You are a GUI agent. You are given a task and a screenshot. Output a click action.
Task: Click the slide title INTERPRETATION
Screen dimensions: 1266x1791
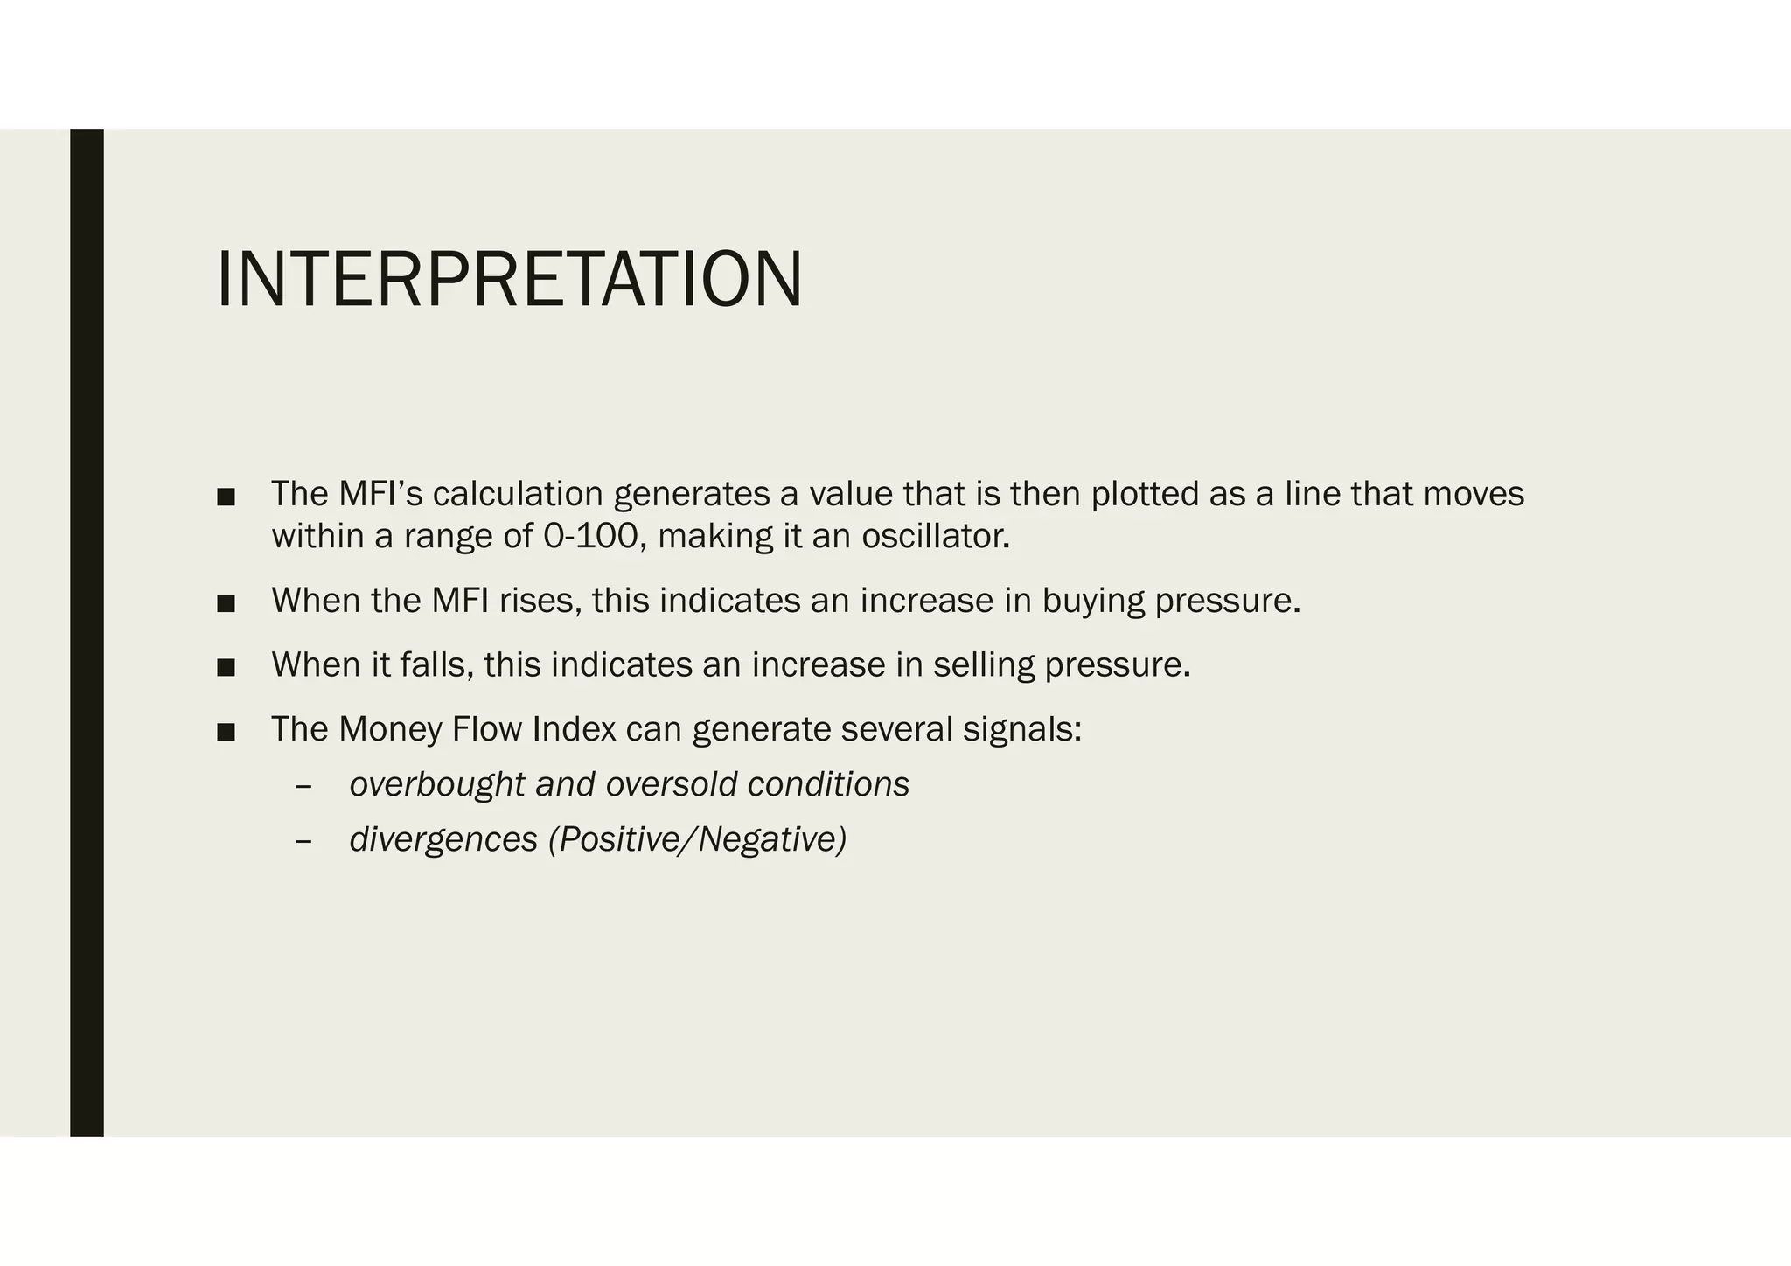509,280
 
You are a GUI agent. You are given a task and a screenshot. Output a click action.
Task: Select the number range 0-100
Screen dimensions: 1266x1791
590,536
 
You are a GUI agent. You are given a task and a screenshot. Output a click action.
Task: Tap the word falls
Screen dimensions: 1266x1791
437,665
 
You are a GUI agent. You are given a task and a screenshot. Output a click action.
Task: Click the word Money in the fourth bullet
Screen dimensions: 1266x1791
390,730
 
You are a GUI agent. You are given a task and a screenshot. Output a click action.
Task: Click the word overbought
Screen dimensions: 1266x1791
436,785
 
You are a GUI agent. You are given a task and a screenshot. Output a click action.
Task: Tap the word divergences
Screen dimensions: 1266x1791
443,840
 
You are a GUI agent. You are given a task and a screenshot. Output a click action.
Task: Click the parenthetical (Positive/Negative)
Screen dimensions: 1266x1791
697,840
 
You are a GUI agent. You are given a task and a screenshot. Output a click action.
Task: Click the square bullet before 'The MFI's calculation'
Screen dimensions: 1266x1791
226,497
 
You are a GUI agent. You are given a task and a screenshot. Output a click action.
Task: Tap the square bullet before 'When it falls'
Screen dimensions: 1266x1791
226,668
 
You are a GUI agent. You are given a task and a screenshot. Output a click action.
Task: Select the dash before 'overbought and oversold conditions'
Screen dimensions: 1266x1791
303,786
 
